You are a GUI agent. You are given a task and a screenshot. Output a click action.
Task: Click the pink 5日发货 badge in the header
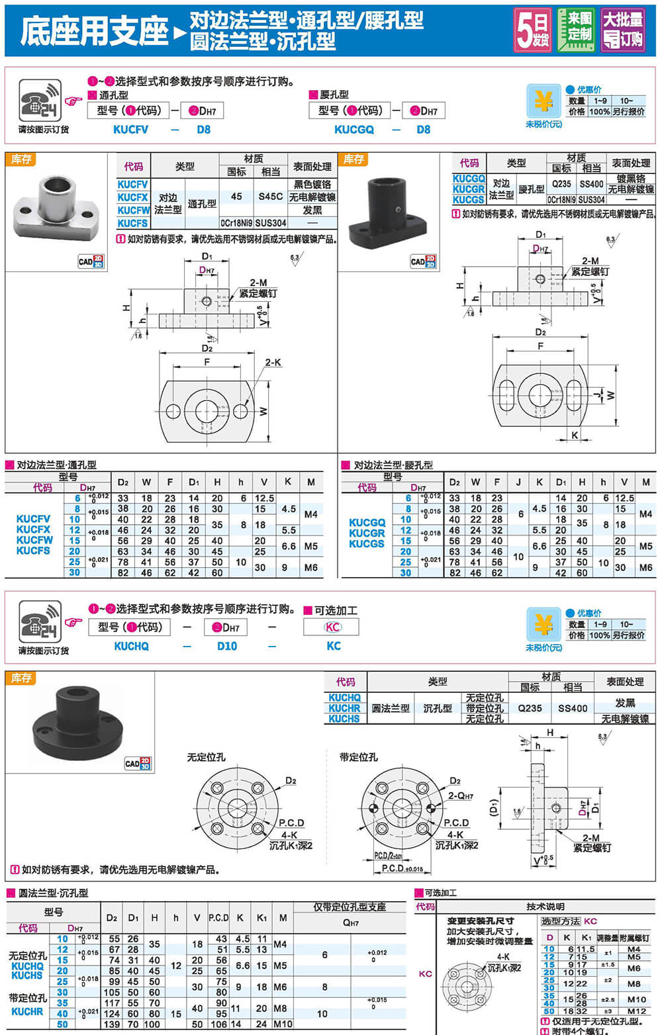pos(532,30)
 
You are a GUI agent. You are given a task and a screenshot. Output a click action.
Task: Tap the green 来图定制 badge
pos(575,30)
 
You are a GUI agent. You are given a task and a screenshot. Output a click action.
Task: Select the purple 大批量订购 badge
pos(622,30)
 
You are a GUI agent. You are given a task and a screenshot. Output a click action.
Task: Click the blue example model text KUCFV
pos(130,130)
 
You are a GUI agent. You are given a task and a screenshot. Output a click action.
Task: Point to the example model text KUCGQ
pos(354,130)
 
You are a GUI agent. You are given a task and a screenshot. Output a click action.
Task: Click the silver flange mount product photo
pos(55,207)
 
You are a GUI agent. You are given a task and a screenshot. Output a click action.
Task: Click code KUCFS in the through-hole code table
pos(132,223)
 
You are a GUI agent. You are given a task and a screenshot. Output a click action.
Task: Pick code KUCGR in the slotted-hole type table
pos(469,189)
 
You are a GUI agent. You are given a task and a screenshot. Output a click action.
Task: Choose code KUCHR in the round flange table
pos(344,708)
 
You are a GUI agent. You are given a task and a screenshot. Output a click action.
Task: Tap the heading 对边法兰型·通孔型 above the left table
pos(56,465)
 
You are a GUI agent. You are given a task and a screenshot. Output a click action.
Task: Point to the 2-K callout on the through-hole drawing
pos(273,363)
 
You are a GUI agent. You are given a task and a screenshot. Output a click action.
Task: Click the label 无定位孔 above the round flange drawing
pos(206,757)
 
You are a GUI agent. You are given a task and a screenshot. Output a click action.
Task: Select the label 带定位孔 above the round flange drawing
pos(358,757)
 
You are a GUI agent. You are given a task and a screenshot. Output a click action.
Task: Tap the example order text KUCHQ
pos(131,646)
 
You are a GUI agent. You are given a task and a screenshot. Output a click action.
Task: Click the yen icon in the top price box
pos(544,102)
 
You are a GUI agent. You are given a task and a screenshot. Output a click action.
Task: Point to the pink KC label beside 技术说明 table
pos(426,973)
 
